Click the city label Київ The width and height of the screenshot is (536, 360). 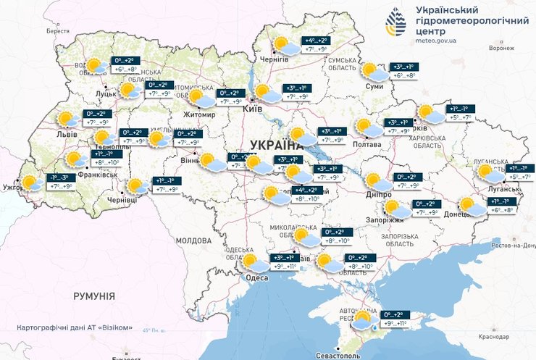[x=254, y=108]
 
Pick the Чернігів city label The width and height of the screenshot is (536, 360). [x=285, y=59]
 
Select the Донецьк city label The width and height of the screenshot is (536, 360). [x=459, y=214]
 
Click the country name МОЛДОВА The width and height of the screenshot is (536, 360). [x=193, y=240]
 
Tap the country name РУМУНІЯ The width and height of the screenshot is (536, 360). [x=94, y=296]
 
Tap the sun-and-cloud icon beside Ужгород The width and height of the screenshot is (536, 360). [x=31, y=183]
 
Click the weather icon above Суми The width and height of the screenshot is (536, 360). [x=373, y=71]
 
